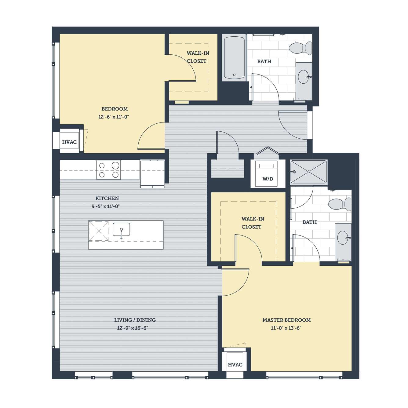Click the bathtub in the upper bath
pyautogui.click(x=234, y=58)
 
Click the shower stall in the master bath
pyautogui.click(x=309, y=172)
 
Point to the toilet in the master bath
pyautogui.click(x=340, y=204)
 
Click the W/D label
pyautogui.click(x=268, y=179)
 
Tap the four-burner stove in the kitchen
pyautogui.click(x=109, y=170)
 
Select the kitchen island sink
pyautogui.click(x=121, y=229)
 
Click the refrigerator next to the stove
pyautogui.click(x=152, y=174)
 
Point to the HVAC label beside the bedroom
pyautogui.click(x=69, y=142)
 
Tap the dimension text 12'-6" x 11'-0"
pyautogui.click(x=114, y=117)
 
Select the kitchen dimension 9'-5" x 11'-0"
pyautogui.click(x=106, y=206)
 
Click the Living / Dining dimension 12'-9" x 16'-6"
pyautogui.click(x=133, y=328)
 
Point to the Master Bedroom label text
pyautogui.click(x=287, y=320)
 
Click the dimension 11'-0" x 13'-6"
pyautogui.click(x=286, y=328)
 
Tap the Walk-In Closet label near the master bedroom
pyautogui.click(x=253, y=223)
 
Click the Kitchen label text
pyautogui.click(x=107, y=198)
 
